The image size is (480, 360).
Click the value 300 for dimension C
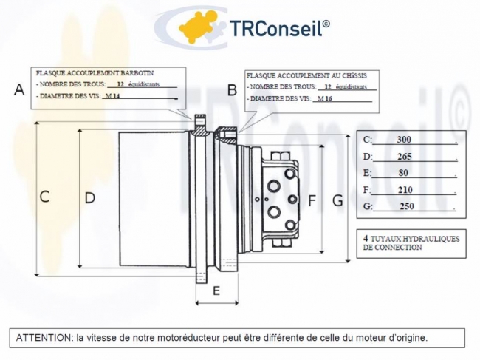pos(404,140)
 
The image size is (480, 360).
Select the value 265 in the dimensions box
pos(405,157)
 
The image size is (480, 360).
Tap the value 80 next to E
pos(403,173)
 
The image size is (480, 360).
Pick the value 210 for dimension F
pos(405,190)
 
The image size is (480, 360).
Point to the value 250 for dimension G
pos(407,206)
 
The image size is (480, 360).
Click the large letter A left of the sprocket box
pos(19,89)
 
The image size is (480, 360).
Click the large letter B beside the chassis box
pos(232,90)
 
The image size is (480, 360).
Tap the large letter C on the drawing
pos(45,197)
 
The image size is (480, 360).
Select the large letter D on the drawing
pos(89,198)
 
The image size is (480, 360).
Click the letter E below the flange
pos(216,291)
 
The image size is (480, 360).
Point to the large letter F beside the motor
pos(312,200)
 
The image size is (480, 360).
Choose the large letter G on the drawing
pos(337,201)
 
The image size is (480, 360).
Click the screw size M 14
pos(112,96)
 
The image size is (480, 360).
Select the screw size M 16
pos(325,98)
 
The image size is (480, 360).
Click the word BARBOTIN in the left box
pos(137,73)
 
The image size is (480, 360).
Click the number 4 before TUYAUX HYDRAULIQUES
pos(366,238)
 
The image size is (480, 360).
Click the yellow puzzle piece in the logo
pos(196,27)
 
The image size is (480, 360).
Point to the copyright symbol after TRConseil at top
pos(326,23)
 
